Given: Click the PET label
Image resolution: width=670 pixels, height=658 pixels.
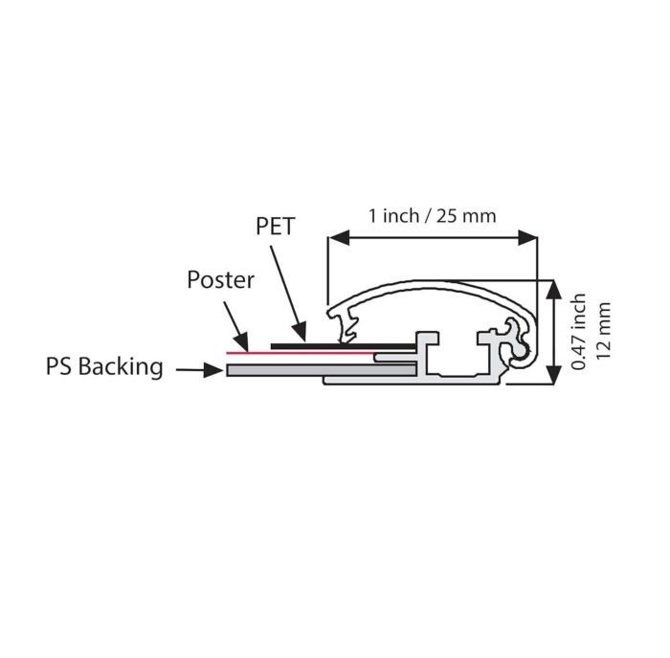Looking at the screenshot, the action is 276,227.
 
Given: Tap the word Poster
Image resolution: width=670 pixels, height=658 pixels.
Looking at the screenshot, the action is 220,280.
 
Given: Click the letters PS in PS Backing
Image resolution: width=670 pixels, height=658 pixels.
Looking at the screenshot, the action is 59,367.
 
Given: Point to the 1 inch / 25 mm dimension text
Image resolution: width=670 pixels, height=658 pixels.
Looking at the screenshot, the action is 433,215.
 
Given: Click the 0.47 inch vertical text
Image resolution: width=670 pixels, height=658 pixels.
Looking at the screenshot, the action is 578,331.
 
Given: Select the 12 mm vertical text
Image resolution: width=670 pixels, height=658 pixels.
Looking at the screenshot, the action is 603,331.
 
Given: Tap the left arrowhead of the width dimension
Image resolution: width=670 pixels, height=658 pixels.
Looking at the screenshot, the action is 339,237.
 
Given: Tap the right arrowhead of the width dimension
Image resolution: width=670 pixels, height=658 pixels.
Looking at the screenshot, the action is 526,237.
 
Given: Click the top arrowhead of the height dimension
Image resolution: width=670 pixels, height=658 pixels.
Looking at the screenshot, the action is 554,290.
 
